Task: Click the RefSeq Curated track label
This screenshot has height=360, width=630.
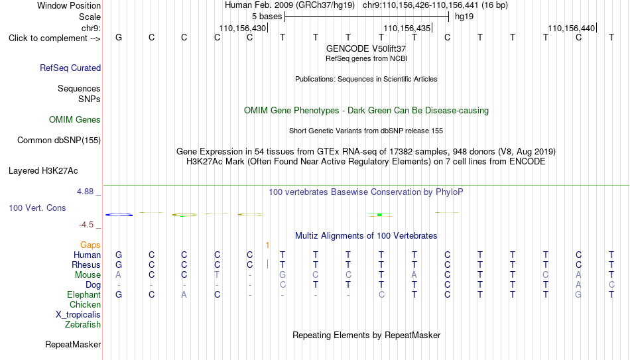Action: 70,68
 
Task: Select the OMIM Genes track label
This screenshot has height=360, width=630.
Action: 75,120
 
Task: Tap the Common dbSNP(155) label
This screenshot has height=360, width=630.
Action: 59,141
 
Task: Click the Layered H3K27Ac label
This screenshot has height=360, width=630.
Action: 43,171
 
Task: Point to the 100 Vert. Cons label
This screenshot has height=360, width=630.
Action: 37,208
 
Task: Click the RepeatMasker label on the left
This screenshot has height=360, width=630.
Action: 73,344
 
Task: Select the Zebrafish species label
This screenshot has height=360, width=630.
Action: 83,324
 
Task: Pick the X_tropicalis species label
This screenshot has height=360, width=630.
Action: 78,315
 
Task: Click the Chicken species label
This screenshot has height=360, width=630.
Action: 85,304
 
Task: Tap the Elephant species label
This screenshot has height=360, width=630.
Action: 84,295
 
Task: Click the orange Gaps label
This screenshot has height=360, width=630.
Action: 90,245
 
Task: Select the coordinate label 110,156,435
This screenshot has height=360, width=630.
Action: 407,29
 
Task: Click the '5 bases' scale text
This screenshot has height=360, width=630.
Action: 267,17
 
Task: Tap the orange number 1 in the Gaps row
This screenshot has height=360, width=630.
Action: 267,245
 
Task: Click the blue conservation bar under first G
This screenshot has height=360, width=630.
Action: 119,215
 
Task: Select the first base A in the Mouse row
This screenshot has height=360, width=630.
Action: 119,275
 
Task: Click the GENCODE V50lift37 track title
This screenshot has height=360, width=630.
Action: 366,48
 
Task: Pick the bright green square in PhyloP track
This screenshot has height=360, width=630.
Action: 379,215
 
